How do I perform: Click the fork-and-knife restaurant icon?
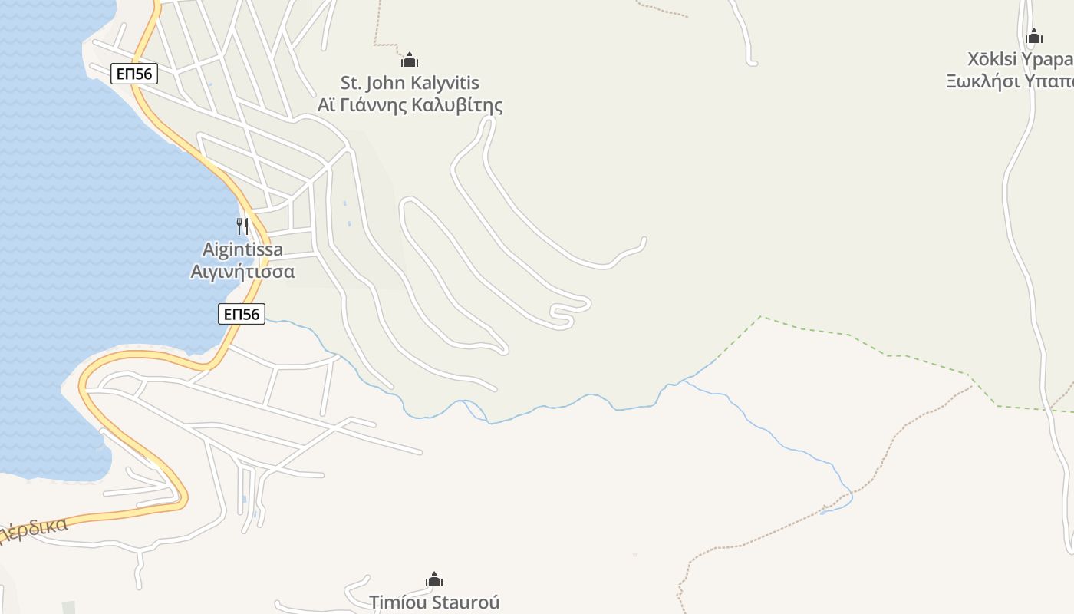tap(242, 226)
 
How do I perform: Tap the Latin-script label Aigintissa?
tap(242, 249)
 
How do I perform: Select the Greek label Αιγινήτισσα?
tap(242, 271)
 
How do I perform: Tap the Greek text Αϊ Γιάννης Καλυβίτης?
tap(410, 104)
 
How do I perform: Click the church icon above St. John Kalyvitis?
tap(410, 60)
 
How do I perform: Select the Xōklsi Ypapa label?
tap(1020, 59)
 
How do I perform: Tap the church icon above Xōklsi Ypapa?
tap(1034, 36)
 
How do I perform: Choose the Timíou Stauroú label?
tap(434, 602)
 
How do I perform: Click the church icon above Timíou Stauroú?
tap(434, 579)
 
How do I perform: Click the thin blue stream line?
tap(767, 430)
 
